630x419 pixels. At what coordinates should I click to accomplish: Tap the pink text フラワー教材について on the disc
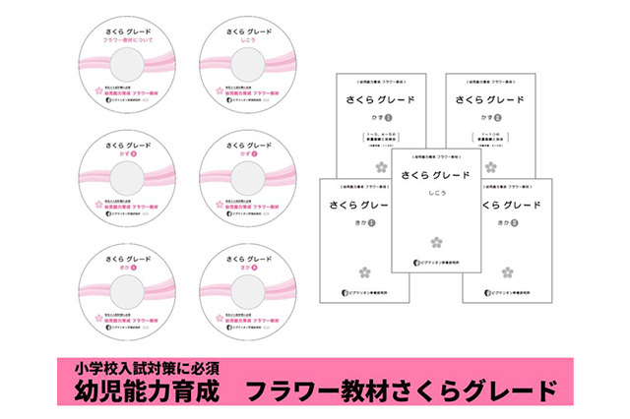point(133,43)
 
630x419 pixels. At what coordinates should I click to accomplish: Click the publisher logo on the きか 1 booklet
point(346,292)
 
